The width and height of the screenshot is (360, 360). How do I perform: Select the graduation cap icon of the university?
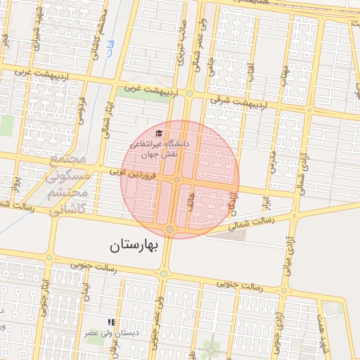(x=159, y=132)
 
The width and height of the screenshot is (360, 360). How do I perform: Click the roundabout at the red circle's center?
(x=177, y=180)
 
